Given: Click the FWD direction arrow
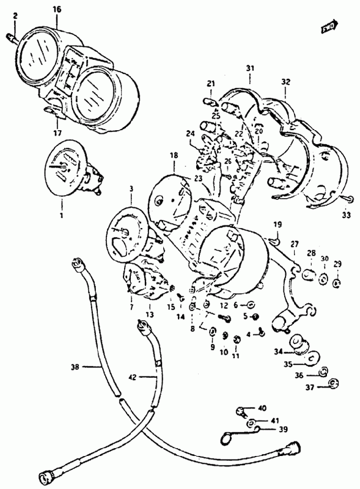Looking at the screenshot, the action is click(x=329, y=27).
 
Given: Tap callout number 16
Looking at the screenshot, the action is click(x=57, y=9).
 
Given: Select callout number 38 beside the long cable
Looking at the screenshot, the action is click(x=75, y=367).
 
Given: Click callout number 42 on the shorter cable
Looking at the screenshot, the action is click(x=132, y=377).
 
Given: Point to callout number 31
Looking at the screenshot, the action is click(x=250, y=68).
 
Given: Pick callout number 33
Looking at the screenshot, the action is click(x=346, y=215).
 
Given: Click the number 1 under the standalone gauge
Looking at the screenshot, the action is click(x=61, y=215).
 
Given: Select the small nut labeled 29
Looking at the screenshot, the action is click(x=337, y=284).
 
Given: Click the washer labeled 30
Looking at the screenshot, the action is click(x=323, y=278).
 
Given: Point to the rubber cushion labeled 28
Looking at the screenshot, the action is click(x=308, y=274).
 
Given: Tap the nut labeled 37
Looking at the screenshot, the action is click(x=334, y=383).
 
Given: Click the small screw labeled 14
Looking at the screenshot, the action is click(x=180, y=297).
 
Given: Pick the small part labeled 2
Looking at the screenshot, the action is click(x=12, y=39).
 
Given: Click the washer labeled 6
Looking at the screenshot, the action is click(x=251, y=304).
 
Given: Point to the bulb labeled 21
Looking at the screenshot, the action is click(x=211, y=102).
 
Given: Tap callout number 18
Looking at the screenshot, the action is click(x=174, y=155).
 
